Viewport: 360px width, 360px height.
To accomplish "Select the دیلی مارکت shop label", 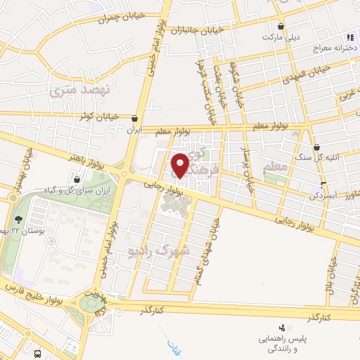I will click(x=283, y=35).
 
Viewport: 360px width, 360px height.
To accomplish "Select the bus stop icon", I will click(x=37, y=353).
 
